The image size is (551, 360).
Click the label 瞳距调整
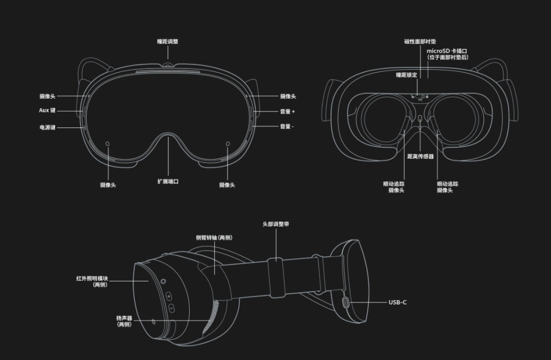[x=168, y=41]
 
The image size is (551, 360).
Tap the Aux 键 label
[x=47, y=110]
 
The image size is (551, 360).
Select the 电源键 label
[x=47, y=127]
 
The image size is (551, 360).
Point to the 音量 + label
[x=287, y=111]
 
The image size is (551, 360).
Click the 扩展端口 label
[x=168, y=182]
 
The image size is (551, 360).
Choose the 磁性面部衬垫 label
[x=420, y=41]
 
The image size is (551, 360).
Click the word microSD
[x=438, y=51]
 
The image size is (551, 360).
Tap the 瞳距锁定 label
[x=407, y=75]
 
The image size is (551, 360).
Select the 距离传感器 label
[x=420, y=157]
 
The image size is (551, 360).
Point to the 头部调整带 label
[x=276, y=224]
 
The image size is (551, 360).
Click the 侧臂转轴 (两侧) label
[x=214, y=238]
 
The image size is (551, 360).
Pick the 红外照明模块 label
[x=92, y=278]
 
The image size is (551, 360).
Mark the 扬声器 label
[x=124, y=318]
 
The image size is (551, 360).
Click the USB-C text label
[x=397, y=302]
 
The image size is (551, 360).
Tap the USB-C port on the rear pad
[x=346, y=302]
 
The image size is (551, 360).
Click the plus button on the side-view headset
[x=169, y=297]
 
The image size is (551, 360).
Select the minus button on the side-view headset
[x=171, y=308]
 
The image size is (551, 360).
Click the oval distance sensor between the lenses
[x=420, y=119]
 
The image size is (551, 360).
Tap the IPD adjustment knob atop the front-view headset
[x=168, y=65]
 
